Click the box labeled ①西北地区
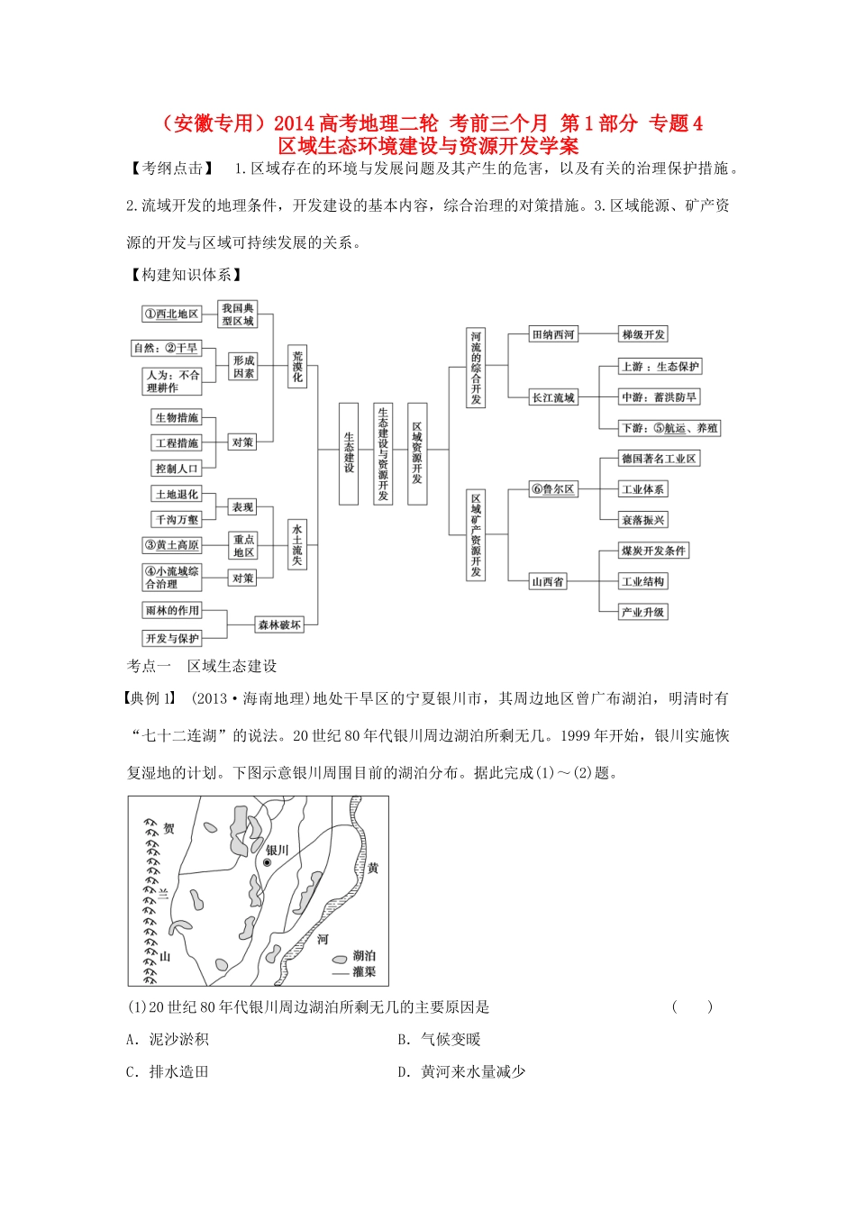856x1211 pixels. [171, 314]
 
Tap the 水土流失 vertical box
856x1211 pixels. [297, 543]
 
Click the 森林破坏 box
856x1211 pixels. [279, 624]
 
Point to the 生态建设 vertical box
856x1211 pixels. [349, 452]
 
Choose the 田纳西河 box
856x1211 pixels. [553, 334]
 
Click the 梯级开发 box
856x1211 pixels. [643, 334]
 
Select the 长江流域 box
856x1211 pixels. [553, 397]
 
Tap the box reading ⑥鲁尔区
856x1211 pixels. [553, 489]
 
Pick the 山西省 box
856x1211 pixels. [548, 581]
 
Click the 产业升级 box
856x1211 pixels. [643, 612]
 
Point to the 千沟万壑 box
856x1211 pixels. [176, 519]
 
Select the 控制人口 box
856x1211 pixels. [176, 468]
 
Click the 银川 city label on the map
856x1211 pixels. [278, 850]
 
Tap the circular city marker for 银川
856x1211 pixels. [267, 862]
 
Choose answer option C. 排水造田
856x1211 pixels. [168, 1071]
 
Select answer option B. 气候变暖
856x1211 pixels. [440, 1039]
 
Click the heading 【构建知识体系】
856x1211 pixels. [187, 274]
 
